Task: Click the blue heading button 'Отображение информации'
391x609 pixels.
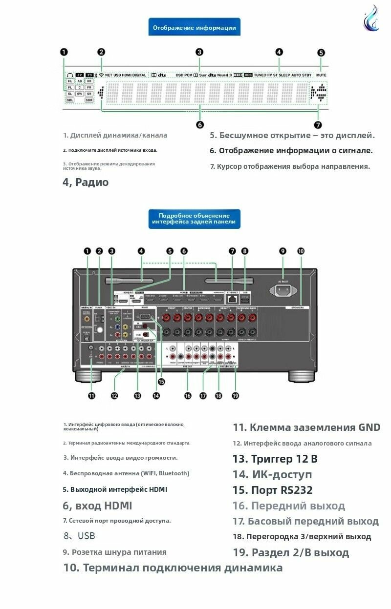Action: click(195, 28)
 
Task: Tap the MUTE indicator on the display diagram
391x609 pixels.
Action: click(321, 75)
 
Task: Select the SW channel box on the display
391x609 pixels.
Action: click(79, 93)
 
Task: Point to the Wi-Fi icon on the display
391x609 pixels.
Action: click(101, 75)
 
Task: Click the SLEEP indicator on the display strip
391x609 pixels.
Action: click(284, 75)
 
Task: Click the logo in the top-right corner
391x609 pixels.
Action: click(371, 19)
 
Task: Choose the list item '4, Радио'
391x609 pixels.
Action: click(86, 183)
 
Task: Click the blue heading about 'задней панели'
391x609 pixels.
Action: click(194, 219)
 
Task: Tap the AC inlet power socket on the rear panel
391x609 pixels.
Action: click(283, 290)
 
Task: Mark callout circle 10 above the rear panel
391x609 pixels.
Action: click(301, 251)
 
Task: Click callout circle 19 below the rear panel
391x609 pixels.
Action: click(236, 396)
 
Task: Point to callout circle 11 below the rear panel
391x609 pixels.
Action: click(91, 396)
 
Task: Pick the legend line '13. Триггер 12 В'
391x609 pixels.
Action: click(275, 459)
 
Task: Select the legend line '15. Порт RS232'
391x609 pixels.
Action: click(273, 490)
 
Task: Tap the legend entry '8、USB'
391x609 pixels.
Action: click(79, 536)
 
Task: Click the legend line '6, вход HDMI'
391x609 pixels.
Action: click(97, 506)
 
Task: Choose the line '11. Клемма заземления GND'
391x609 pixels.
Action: click(306, 427)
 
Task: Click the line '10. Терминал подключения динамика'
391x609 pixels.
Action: click(173, 568)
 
